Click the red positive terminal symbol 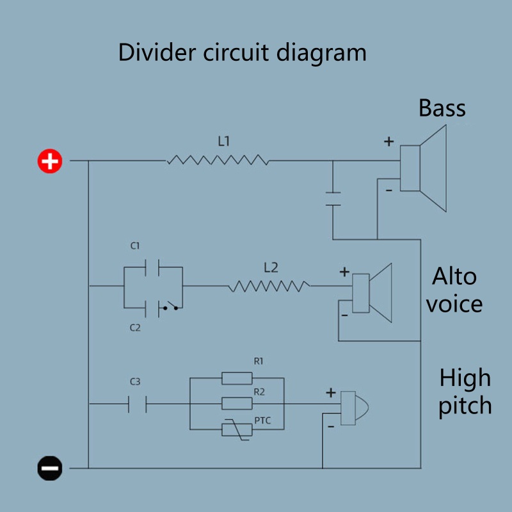[x=49, y=161]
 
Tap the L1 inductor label [x=223, y=142]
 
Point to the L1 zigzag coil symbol [x=218, y=161]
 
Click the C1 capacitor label [x=135, y=246]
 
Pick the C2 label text [x=135, y=328]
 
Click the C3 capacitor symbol [x=137, y=404]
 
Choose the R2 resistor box [x=237, y=403]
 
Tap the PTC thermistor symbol [x=237, y=429]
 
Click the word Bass [x=442, y=108]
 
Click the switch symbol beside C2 [x=170, y=308]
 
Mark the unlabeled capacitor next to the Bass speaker [x=333, y=198]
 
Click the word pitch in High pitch [x=465, y=406]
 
